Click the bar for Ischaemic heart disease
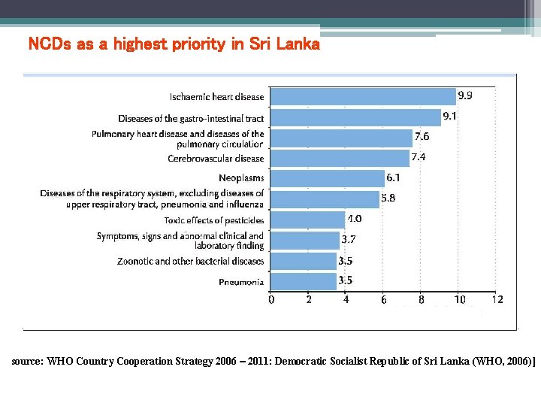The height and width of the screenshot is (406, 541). click(363, 96)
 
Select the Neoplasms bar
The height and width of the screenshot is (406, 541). click(327, 178)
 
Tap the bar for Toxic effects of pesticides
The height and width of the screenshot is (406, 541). click(307, 220)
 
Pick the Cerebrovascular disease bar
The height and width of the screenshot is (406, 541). click(339, 158)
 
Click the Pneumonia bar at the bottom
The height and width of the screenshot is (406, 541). click(303, 281)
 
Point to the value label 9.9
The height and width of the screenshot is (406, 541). click(465, 95)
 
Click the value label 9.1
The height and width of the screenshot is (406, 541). click(449, 116)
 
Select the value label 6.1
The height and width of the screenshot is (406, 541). click(393, 177)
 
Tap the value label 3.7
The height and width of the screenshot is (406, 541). click(349, 239)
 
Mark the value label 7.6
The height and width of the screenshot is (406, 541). click(422, 137)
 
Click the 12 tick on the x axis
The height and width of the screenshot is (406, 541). click(497, 299)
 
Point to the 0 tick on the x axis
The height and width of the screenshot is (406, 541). click(271, 299)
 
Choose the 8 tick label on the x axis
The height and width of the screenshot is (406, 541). click(422, 299)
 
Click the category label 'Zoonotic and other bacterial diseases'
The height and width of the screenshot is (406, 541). click(191, 262)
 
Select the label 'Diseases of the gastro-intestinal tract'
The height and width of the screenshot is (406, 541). click(191, 119)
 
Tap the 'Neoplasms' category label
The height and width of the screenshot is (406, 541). click(241, 178)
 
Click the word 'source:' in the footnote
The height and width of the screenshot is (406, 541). click(28, 361)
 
